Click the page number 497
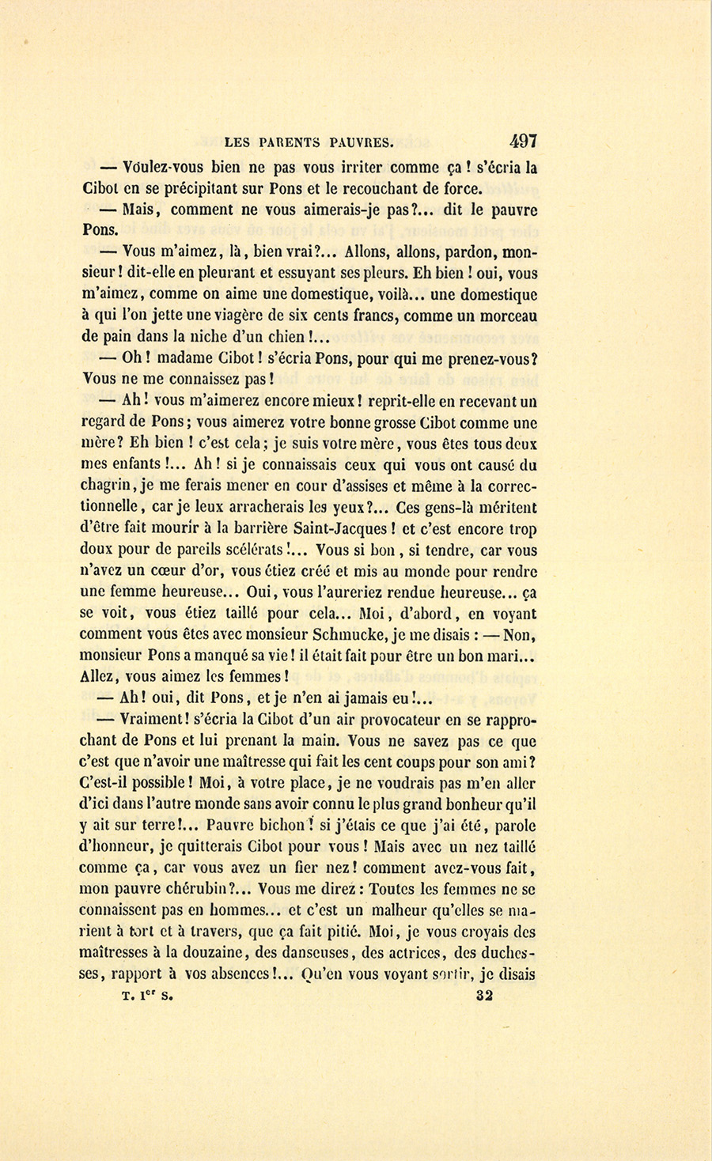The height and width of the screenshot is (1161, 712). point(524,142)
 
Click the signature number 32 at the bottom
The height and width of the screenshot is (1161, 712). point(485,996)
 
